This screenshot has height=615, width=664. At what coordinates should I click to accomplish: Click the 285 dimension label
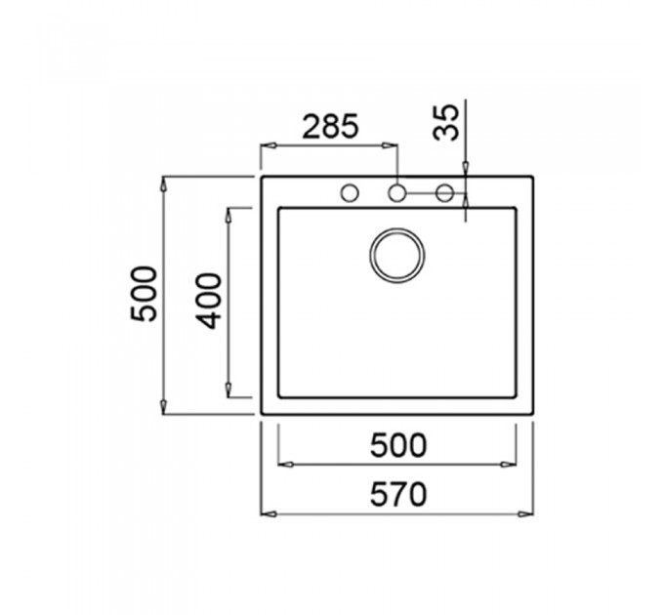click(x=330, y=126)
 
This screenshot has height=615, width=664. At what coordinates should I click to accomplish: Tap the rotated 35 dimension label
click(x=446, y=122)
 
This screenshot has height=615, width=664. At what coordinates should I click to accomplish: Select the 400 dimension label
click(x=209, y=301)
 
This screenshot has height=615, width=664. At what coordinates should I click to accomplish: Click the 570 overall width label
click(x=398, y=494)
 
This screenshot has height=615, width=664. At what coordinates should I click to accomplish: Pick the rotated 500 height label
click(x=144, y=294)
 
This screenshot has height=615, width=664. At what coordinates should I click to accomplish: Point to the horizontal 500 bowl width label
click(x=398, y=445)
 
